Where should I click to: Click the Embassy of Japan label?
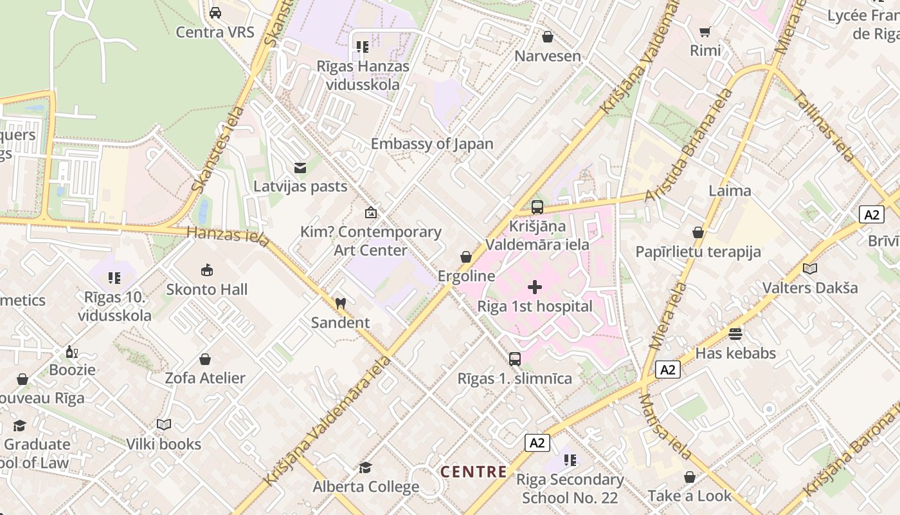[432, 144]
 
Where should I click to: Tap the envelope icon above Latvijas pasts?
[300, 168]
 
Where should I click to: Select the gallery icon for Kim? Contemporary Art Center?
[371, 212]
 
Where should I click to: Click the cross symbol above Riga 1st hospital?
[535, 287]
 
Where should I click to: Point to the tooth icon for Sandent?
[341, 303]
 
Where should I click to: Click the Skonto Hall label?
[207, 290]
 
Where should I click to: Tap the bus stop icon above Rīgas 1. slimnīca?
[515, 359]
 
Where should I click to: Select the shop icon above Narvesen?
[548, 37]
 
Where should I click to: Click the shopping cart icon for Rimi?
[705, 32]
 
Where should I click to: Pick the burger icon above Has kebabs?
[735, 333]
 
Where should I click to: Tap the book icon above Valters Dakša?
[810, 268]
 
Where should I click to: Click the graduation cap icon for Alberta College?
[366, 467]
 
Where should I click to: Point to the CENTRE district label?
[474, 472]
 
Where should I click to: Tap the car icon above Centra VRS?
[215, 13]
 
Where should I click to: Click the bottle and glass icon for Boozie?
[72, 351]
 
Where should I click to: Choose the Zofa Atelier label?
[205, 378]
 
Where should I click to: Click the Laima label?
[730, 191]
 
